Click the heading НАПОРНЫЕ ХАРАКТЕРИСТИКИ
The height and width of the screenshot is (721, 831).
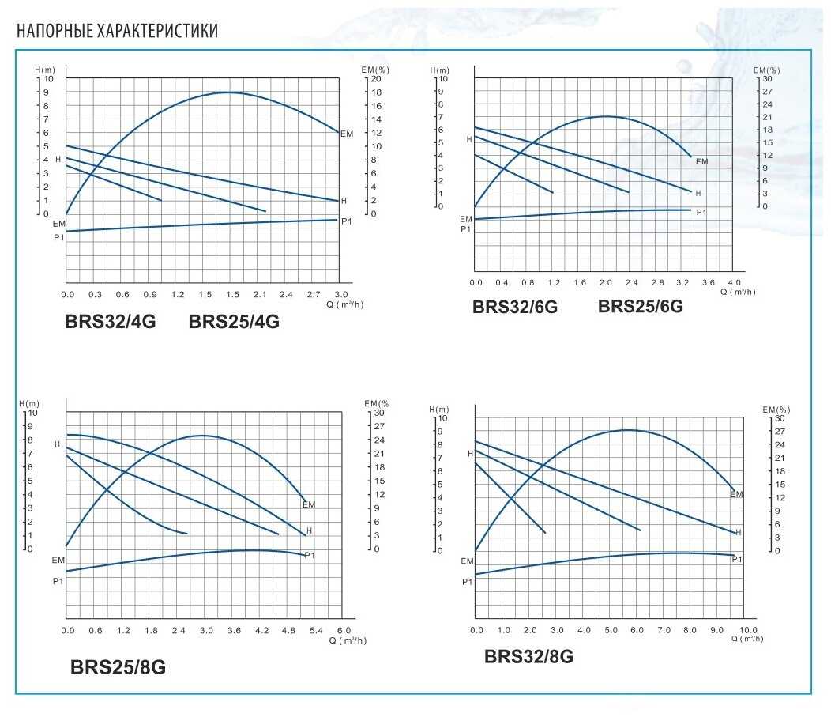point(117,31)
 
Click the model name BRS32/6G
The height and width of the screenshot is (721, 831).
point(515,308)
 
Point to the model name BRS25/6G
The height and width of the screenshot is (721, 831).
point(641,306)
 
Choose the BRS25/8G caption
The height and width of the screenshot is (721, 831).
point(118,667)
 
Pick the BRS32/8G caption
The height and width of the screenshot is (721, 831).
point(528,656)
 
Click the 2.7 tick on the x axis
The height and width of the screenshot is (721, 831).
point(313,295)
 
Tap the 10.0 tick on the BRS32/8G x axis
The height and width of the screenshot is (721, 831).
point(747,630)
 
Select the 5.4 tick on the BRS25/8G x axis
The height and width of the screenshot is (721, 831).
point(316,630)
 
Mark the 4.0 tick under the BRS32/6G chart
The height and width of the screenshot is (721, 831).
point(734,282)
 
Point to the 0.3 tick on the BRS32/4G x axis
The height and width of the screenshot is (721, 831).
point(95,295)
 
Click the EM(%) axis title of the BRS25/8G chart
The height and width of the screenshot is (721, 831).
point(377,403)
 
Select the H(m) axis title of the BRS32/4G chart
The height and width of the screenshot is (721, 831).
point(44,70)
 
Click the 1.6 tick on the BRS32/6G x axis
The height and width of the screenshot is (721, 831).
point(580,282)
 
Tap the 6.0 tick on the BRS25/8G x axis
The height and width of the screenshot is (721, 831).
point(342,630)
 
